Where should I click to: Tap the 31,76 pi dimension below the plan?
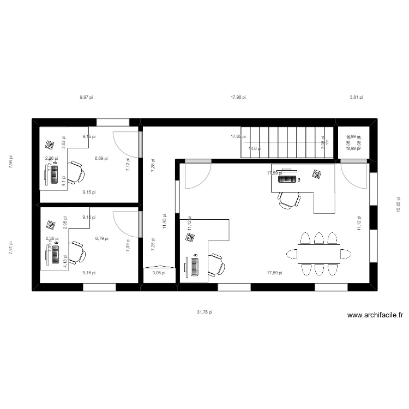(x=204, y=312)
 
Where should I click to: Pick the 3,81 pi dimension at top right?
(x=356, y=97)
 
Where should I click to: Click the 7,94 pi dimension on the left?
(x=10, y=162)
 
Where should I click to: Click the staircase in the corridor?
(x=287, y=143)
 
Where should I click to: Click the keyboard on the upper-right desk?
(x=288, y=179)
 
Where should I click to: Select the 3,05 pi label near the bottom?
(x=159, y=273)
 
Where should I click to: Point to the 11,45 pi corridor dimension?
(x=164, y=221)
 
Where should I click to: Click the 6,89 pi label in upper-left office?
(x=101, y=158)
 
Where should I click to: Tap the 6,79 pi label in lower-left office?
(x=101, y=238)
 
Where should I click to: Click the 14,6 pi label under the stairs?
(x=255, y=148)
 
